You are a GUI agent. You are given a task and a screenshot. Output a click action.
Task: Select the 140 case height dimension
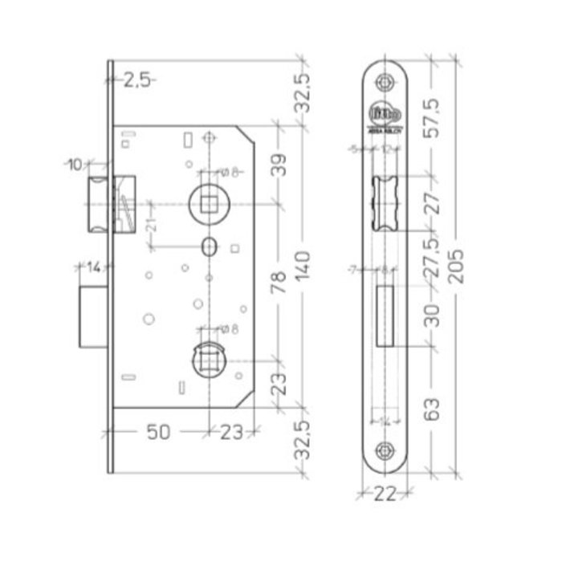tap(303, 262)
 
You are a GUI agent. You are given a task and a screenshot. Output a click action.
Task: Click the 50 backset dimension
tap(159, 432)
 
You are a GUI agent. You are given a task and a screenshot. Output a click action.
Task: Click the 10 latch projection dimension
tap(75, 165)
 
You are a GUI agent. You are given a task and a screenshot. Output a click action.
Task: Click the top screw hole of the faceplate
tap(386, 82)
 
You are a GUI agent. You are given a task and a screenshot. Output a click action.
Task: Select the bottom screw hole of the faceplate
tap(386, 452)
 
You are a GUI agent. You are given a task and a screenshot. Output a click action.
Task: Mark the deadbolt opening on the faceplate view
tap(385, 316)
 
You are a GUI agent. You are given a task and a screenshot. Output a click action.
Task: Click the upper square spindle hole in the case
tap(209, 201)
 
